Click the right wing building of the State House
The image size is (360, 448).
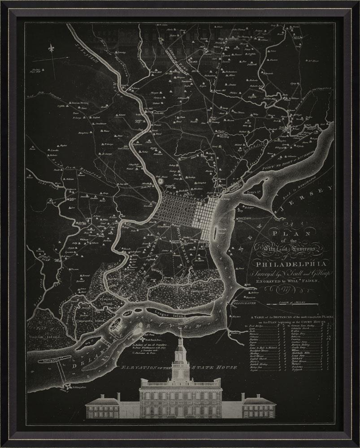pos(259,406)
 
